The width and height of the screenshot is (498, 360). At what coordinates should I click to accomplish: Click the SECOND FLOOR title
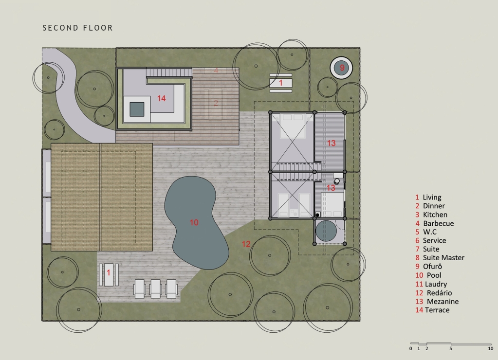tap(78, 28)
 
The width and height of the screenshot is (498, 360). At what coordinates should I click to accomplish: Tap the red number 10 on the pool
tap(194, 222)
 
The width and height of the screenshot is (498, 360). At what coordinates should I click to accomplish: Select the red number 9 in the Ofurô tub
tap(342, 68)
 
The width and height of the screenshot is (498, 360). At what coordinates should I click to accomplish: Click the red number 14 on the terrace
tap(161, 98)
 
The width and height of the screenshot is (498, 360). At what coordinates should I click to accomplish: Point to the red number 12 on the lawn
tap(246, 244)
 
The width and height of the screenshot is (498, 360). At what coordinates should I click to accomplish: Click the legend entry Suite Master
tap(440, 258)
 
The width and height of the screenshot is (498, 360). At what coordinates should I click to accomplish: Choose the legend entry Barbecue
tap(435, 223)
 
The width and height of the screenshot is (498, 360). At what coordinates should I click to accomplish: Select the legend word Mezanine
tap(443, 302)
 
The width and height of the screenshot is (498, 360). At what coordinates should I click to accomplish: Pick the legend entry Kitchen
tap(431, 215)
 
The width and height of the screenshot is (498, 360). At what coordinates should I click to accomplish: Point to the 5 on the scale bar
tap(451, 349)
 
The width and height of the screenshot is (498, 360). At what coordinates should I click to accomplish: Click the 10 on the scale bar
tap(490, 349)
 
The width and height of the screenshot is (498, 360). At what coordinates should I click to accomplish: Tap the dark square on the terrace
tap(137, 109)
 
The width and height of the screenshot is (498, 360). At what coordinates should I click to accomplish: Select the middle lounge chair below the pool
tap(155, 288)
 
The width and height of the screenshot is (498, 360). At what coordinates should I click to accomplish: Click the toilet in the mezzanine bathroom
tap(337, 181)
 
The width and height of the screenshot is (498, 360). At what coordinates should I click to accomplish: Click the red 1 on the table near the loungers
tap(108, 272)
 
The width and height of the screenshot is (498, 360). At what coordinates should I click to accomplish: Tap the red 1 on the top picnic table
tap(281, 83)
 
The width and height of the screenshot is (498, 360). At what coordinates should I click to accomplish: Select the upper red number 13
tap(331, 144)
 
